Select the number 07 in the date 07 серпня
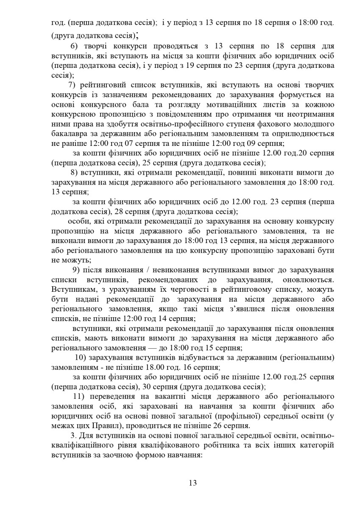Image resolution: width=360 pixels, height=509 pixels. click(112, 144)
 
